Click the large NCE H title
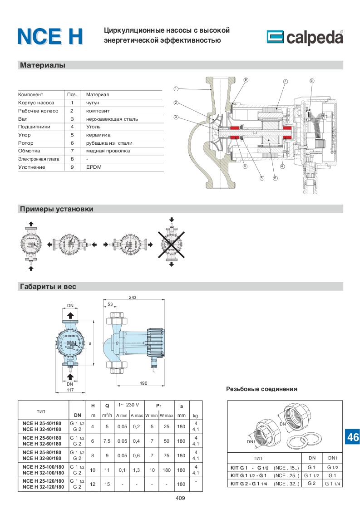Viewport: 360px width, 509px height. coord(50,37)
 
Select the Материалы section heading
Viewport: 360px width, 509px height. coord(43,65)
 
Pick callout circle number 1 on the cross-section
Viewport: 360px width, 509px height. coord(176,88)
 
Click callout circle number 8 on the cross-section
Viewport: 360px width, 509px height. coord(312,81)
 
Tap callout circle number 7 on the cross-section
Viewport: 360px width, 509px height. coord(285,81)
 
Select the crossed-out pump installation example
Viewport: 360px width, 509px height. coord(171,244)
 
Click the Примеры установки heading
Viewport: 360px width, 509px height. coord(56,209)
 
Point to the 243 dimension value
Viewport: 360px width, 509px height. coord(132,298)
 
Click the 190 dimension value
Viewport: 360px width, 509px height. coord(143,383)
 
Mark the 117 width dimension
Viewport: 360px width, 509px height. coord(70,390)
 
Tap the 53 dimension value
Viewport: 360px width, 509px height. coord(110,304)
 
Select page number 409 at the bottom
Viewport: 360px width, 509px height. coord(180,498)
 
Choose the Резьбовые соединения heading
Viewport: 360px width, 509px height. coord(261,389)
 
